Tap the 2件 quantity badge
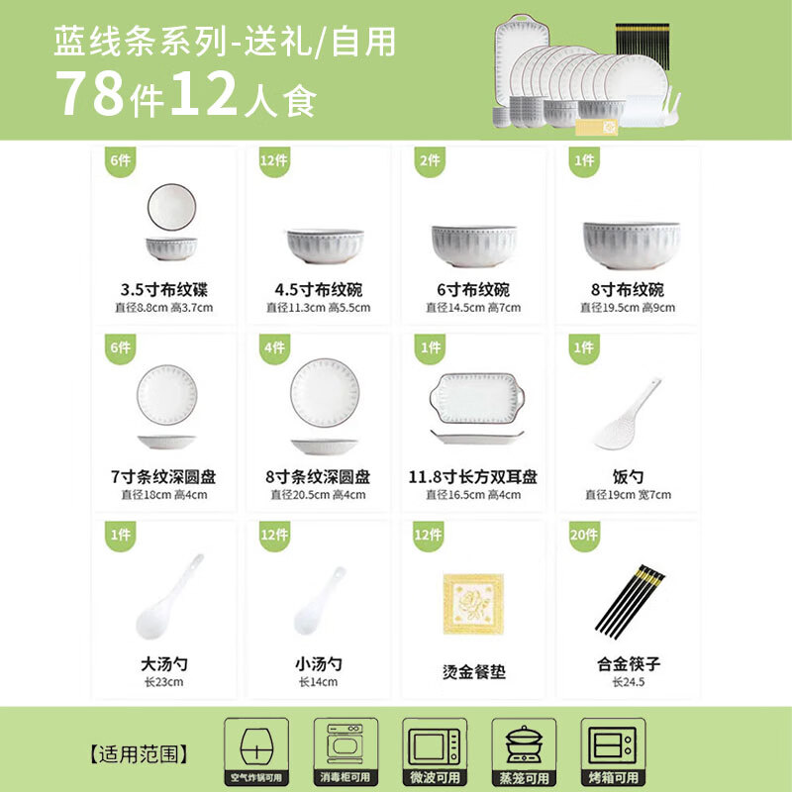coord(430,161)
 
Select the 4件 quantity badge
coord(275,348)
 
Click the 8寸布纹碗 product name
coord(628,289)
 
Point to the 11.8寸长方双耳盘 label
coord(473,476)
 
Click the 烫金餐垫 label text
coord(474,672)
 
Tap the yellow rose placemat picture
coord(473,603)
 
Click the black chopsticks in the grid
coord(630,601)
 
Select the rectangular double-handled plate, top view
coord(477,398)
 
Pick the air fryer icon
coord(256,745)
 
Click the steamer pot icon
coord(524,745)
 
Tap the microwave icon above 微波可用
coord(435,745)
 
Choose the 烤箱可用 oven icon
coord(613,745)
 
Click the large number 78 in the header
coord(90,93)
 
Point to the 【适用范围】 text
coord(139,754)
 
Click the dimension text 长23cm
coord(163,682)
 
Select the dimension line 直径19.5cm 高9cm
coord(628,308)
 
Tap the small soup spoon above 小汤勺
coord(320,601)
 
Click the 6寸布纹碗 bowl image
coord(474,246)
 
